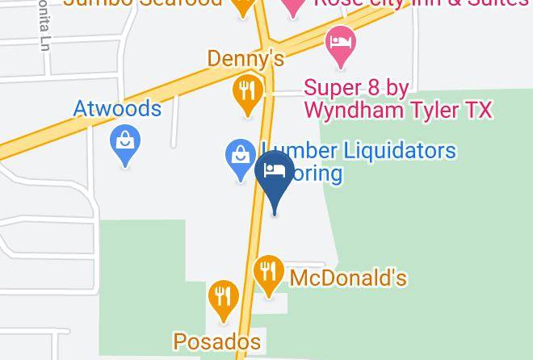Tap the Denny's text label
246,58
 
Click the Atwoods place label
118,107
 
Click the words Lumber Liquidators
359,150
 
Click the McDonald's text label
348,278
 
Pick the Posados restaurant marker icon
221,297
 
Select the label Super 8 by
357,86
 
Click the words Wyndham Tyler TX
397,111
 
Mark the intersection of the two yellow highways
267,50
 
